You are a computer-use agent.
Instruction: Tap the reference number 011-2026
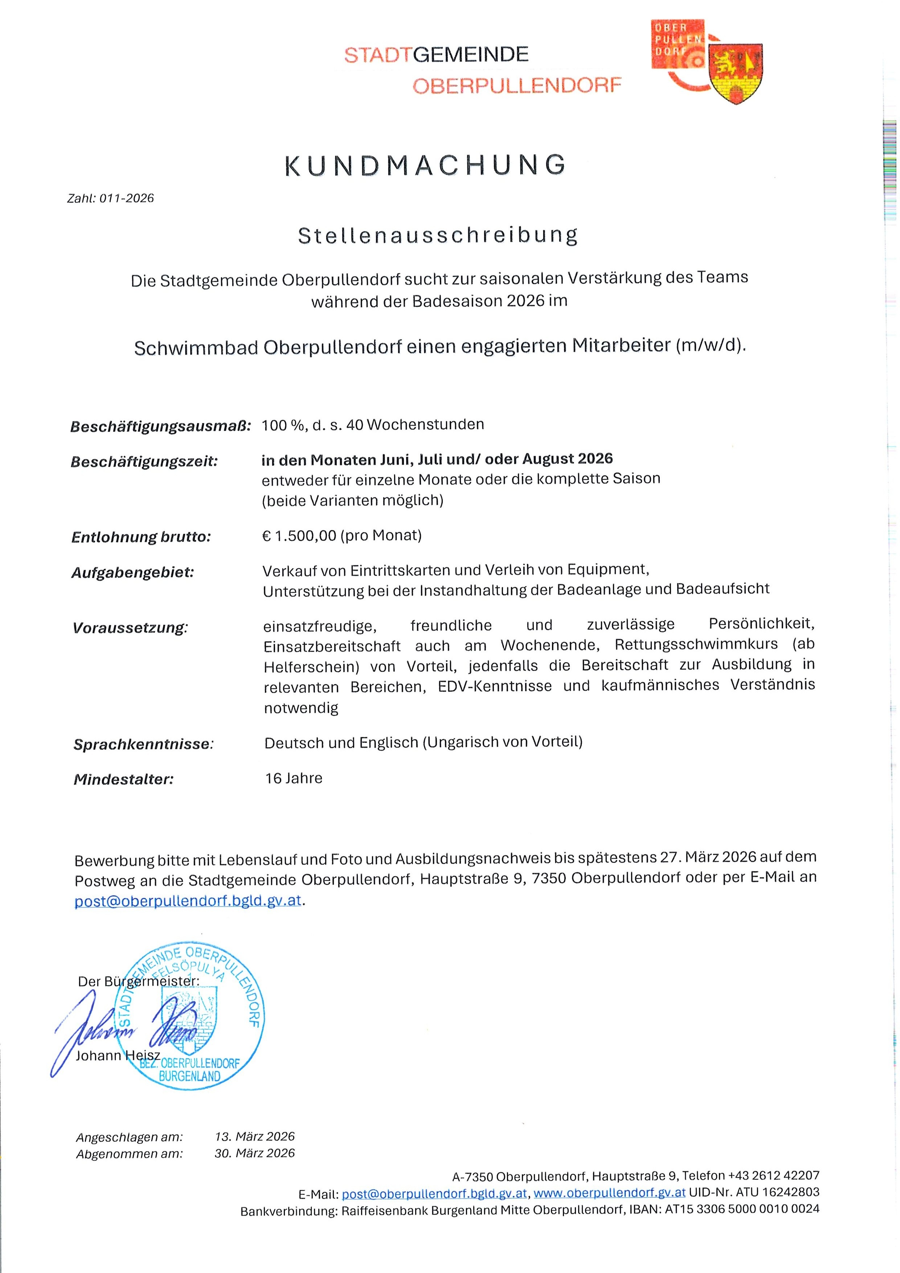point(126,198)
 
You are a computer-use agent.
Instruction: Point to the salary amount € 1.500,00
point(299,536)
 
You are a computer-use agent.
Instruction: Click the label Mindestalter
point(124,779)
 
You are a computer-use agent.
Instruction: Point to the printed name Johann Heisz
point(118,1056)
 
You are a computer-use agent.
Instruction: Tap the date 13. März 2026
point(254,1137)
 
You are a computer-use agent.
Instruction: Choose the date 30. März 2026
point(254,1153)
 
